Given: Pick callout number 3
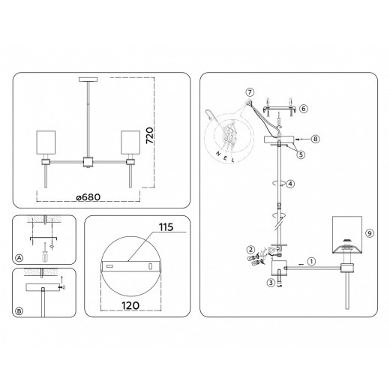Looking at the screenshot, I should click(270, 283).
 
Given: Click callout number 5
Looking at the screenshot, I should click(301, 155).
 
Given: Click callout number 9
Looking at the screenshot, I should click(370, 232).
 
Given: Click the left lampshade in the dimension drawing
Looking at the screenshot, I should click(46, 143).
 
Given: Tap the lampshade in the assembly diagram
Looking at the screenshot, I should click(347, 234).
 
